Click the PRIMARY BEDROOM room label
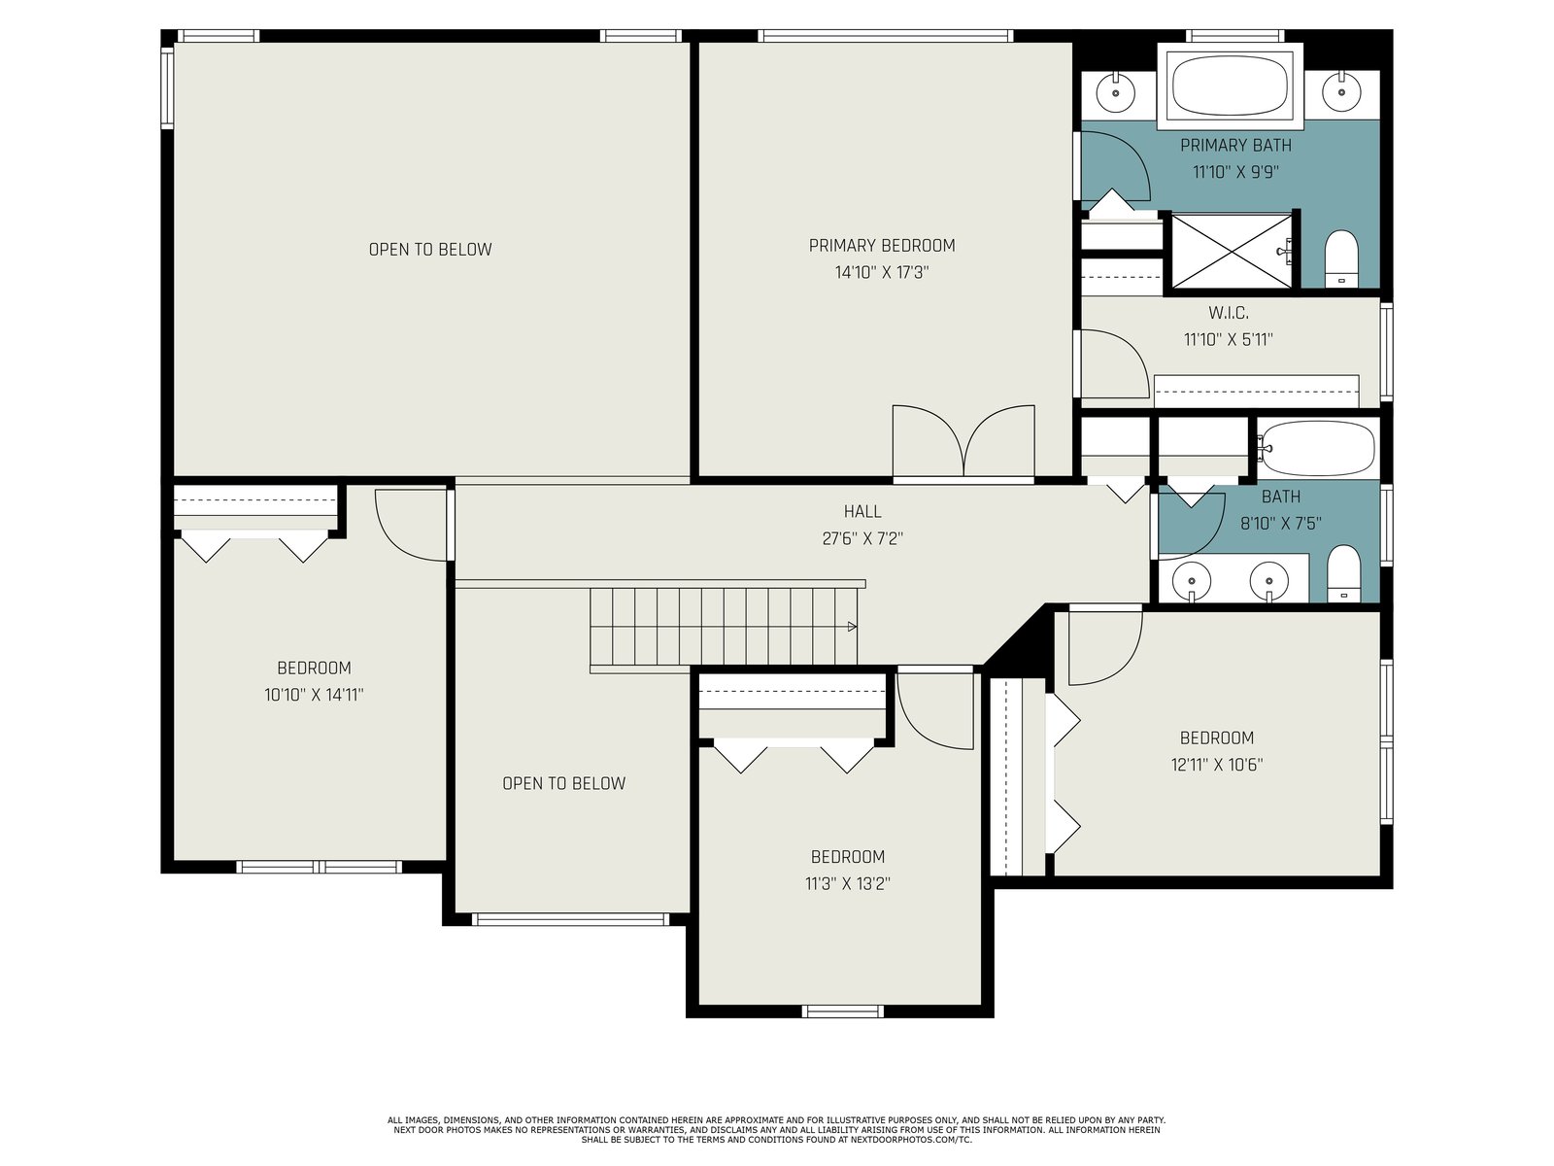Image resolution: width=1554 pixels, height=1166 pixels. tap(882, 246)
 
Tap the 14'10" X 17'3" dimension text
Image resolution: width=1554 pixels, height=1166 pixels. tap(882, 273)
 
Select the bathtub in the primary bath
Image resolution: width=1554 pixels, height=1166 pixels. tap(1229, 86)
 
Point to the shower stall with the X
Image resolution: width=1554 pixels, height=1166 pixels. tap(1232, 251)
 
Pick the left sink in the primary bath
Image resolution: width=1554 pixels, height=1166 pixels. tap(1116, 92)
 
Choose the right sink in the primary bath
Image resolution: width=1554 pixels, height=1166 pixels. tap(1341, 92)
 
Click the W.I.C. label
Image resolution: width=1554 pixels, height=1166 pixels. tap(1229, 312)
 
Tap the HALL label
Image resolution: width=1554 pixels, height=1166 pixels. tap(862, 511)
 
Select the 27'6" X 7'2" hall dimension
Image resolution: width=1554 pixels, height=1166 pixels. tap(862, 538)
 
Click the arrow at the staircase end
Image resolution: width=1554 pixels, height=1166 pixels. tap(853, 627)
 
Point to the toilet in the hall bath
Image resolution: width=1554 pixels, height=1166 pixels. tap(1344, 573)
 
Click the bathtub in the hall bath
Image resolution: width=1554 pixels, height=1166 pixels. tap(1318, 448)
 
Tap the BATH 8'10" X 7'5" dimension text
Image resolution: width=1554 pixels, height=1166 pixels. tap(1281, 523)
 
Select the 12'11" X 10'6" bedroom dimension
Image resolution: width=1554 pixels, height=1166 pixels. tap(1217, 765)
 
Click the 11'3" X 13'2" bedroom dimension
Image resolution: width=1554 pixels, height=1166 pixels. tap(848, 883)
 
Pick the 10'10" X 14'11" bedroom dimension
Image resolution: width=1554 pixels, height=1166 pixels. tap(314, 695)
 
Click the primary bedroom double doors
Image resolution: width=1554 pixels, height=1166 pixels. tap(963, 442)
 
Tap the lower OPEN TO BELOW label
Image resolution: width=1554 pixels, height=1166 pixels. tap(563, 783)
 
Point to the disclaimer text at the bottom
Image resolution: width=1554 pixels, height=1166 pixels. tap(777, 1130)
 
